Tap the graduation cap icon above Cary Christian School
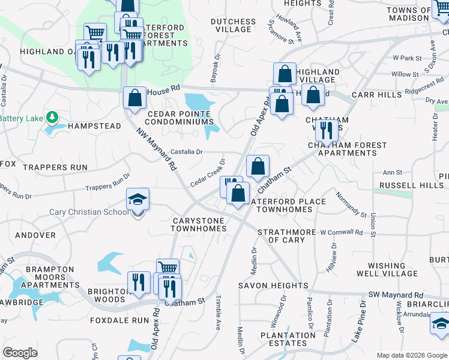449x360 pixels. point(137,199)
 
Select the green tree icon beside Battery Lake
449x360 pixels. point(52,117)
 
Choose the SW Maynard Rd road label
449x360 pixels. point(396,295)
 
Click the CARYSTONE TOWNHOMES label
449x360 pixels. point(198,225)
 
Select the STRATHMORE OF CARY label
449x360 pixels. point(286,236)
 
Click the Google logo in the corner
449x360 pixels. point(20,353)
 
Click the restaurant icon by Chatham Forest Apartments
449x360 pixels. point(326,130)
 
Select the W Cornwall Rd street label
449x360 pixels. point(341,232)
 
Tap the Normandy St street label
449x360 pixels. point(351,204)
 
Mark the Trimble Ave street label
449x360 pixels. point(218,313)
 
